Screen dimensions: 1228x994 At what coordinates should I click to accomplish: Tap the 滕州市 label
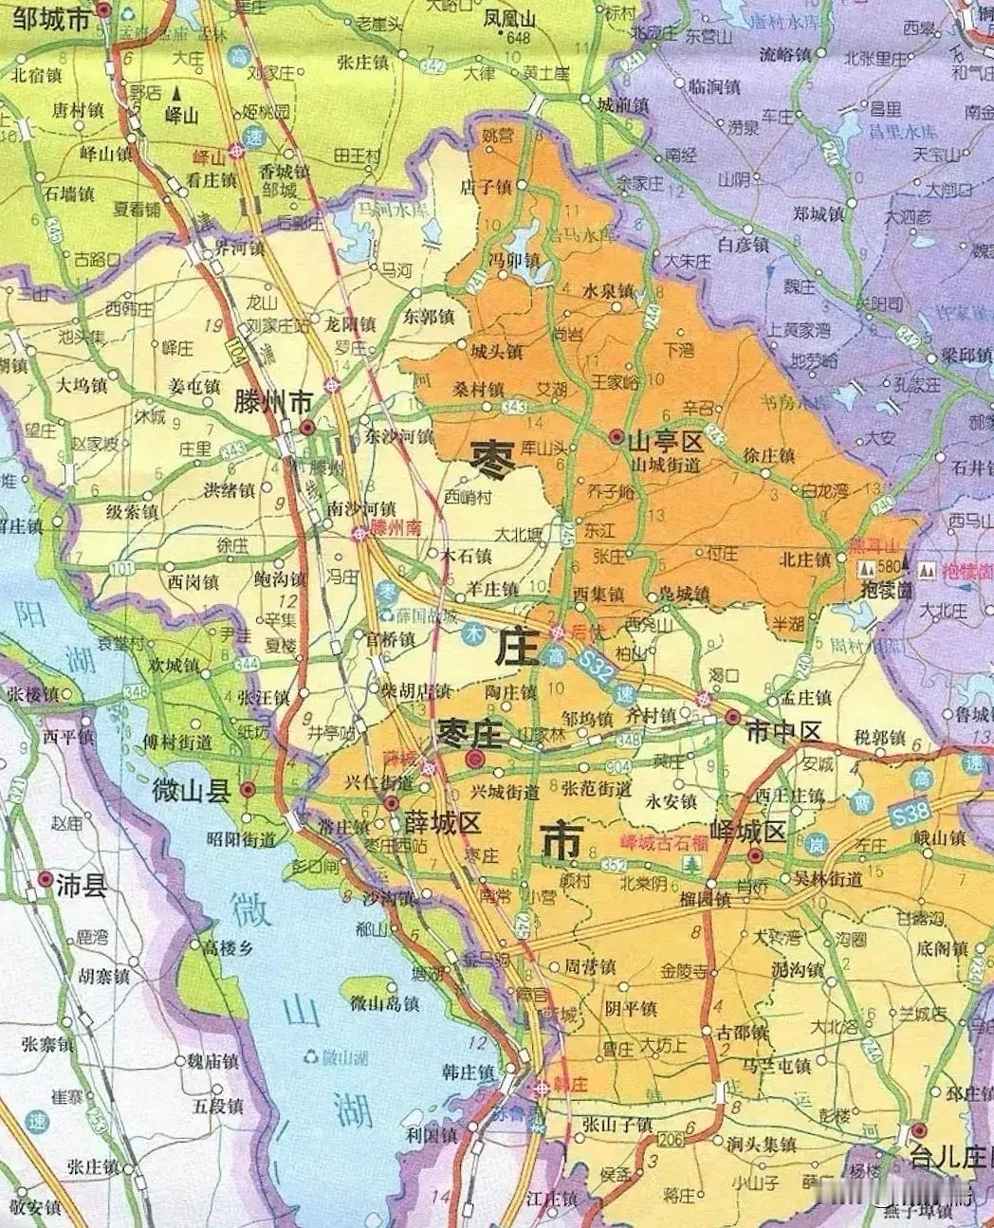pos(273,402)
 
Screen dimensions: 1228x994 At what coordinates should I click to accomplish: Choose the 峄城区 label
pos(751,833)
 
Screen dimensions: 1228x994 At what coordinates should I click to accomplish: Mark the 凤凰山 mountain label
pos(509,19)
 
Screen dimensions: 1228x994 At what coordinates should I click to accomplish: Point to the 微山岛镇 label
pos(384,1003)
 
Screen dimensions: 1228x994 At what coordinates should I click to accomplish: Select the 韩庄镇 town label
pos(468,1072)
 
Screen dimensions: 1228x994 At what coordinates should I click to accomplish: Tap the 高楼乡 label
pos(225,945)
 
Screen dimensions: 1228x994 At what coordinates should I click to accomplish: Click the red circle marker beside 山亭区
pos(617,437)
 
